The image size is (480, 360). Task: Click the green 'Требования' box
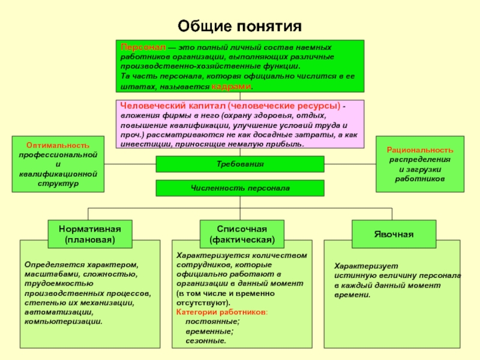coord(240,164)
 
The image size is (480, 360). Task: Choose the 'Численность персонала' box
coord(240,188)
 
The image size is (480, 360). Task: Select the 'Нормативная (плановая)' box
coord(90,234)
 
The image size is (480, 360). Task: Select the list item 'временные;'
coord(209,331)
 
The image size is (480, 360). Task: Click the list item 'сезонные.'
coord(206,341)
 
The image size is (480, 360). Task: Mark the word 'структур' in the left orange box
coord(58,183)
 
